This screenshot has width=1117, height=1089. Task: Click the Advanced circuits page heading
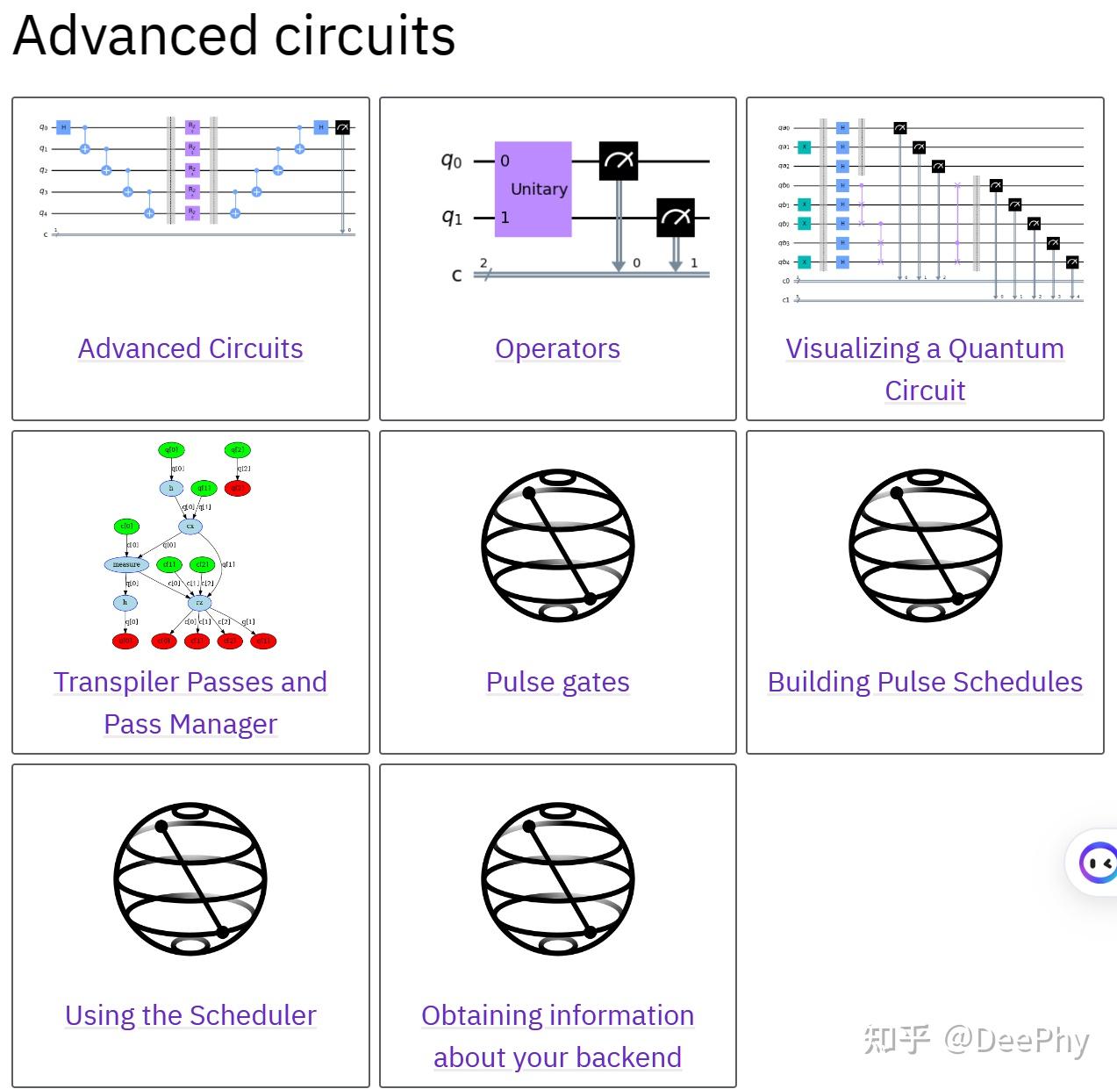point(234,37)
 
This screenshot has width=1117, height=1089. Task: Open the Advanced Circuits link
point(190,349)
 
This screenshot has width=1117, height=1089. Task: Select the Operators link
point(557,349)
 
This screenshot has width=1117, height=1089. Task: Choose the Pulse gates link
point(557,683)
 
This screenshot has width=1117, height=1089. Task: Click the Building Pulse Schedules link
point(925,683)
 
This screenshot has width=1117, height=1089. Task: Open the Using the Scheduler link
point(190,1016)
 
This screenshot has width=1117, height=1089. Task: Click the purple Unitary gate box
point(533,189)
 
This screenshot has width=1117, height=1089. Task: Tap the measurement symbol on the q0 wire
point(619,161)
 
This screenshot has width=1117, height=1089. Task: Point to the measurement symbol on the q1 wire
point(676,218)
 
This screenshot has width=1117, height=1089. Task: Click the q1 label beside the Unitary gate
point(451,217)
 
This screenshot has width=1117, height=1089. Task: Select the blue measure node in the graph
point(126,564)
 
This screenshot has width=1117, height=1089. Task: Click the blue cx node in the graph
point(190,527)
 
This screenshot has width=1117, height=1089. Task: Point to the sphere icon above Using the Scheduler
point(190,878)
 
